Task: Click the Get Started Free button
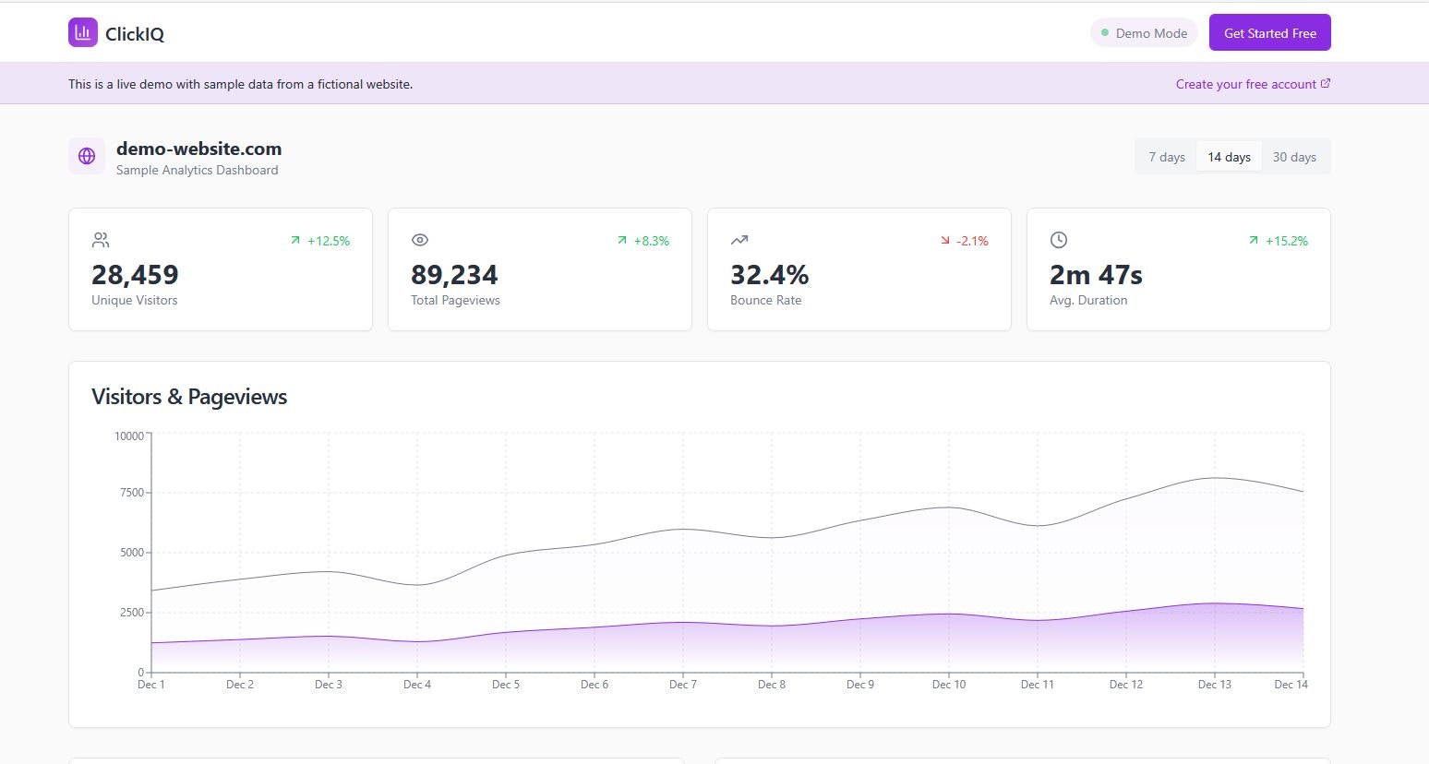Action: click(1269, 33)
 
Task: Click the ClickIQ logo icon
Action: click(83, 32)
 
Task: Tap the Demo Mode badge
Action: click(1144, 33)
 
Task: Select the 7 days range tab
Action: click(1167, 157)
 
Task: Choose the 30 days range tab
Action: click(1294, 157)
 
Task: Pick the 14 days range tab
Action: click(1229, 157)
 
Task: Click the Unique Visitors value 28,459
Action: click(135, 275)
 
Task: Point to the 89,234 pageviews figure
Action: click(454, 275)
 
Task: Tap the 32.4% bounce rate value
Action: click(769, 275)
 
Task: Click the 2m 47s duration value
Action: click(1096, 275)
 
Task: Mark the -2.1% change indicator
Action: click(965, 241)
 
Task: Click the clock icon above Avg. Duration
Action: click(1059, 240)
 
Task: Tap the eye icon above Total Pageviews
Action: click(420, 240)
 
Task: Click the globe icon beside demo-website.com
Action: click(87, 156)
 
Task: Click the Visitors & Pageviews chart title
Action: click(189, 397)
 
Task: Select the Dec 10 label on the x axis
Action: click(948, 685)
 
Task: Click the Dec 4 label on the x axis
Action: click(417, 685)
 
